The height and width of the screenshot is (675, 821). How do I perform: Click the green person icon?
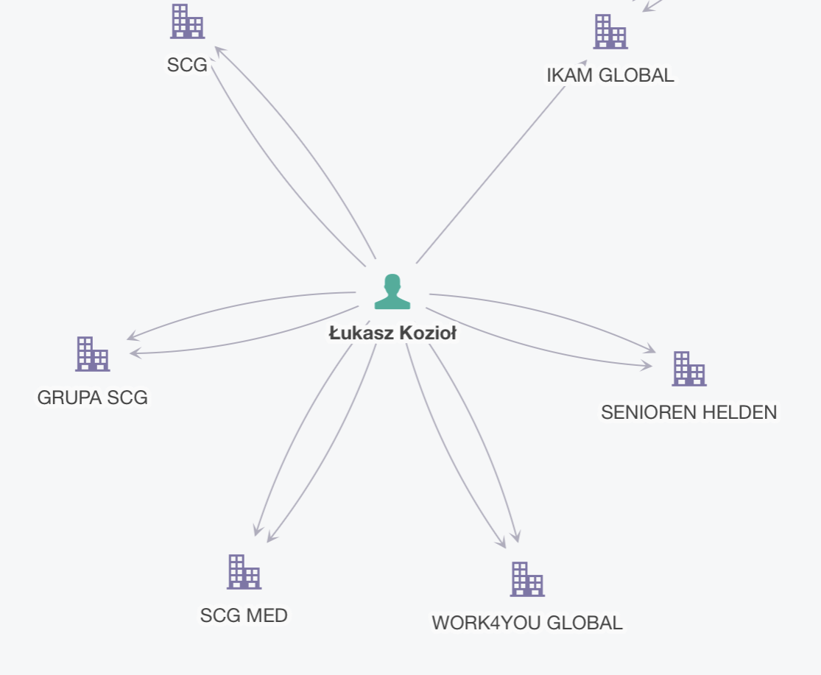click(x=392, y=291)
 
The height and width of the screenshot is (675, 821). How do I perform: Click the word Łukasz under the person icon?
click(x=358, y=333)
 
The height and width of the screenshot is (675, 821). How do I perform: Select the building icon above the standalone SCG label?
click(x=187, y=21)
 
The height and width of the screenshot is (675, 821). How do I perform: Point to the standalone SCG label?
click(x=187, y=65)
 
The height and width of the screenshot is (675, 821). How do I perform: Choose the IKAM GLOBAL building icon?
click(x=610, y=32)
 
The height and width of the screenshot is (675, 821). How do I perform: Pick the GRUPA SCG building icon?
click(x=92, y=354)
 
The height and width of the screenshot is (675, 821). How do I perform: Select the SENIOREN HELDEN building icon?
click(x=688, y=369)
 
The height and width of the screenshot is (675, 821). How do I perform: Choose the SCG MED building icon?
click(x=244, y=572)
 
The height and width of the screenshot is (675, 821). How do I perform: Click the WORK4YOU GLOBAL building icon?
click(x=527, y=579)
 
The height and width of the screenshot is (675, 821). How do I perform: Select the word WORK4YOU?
click(x=481, y=623)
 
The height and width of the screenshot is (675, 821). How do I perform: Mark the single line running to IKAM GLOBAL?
click(x=490, y=175)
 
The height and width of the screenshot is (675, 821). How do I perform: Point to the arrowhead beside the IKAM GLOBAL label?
click(x=583, y=64)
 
